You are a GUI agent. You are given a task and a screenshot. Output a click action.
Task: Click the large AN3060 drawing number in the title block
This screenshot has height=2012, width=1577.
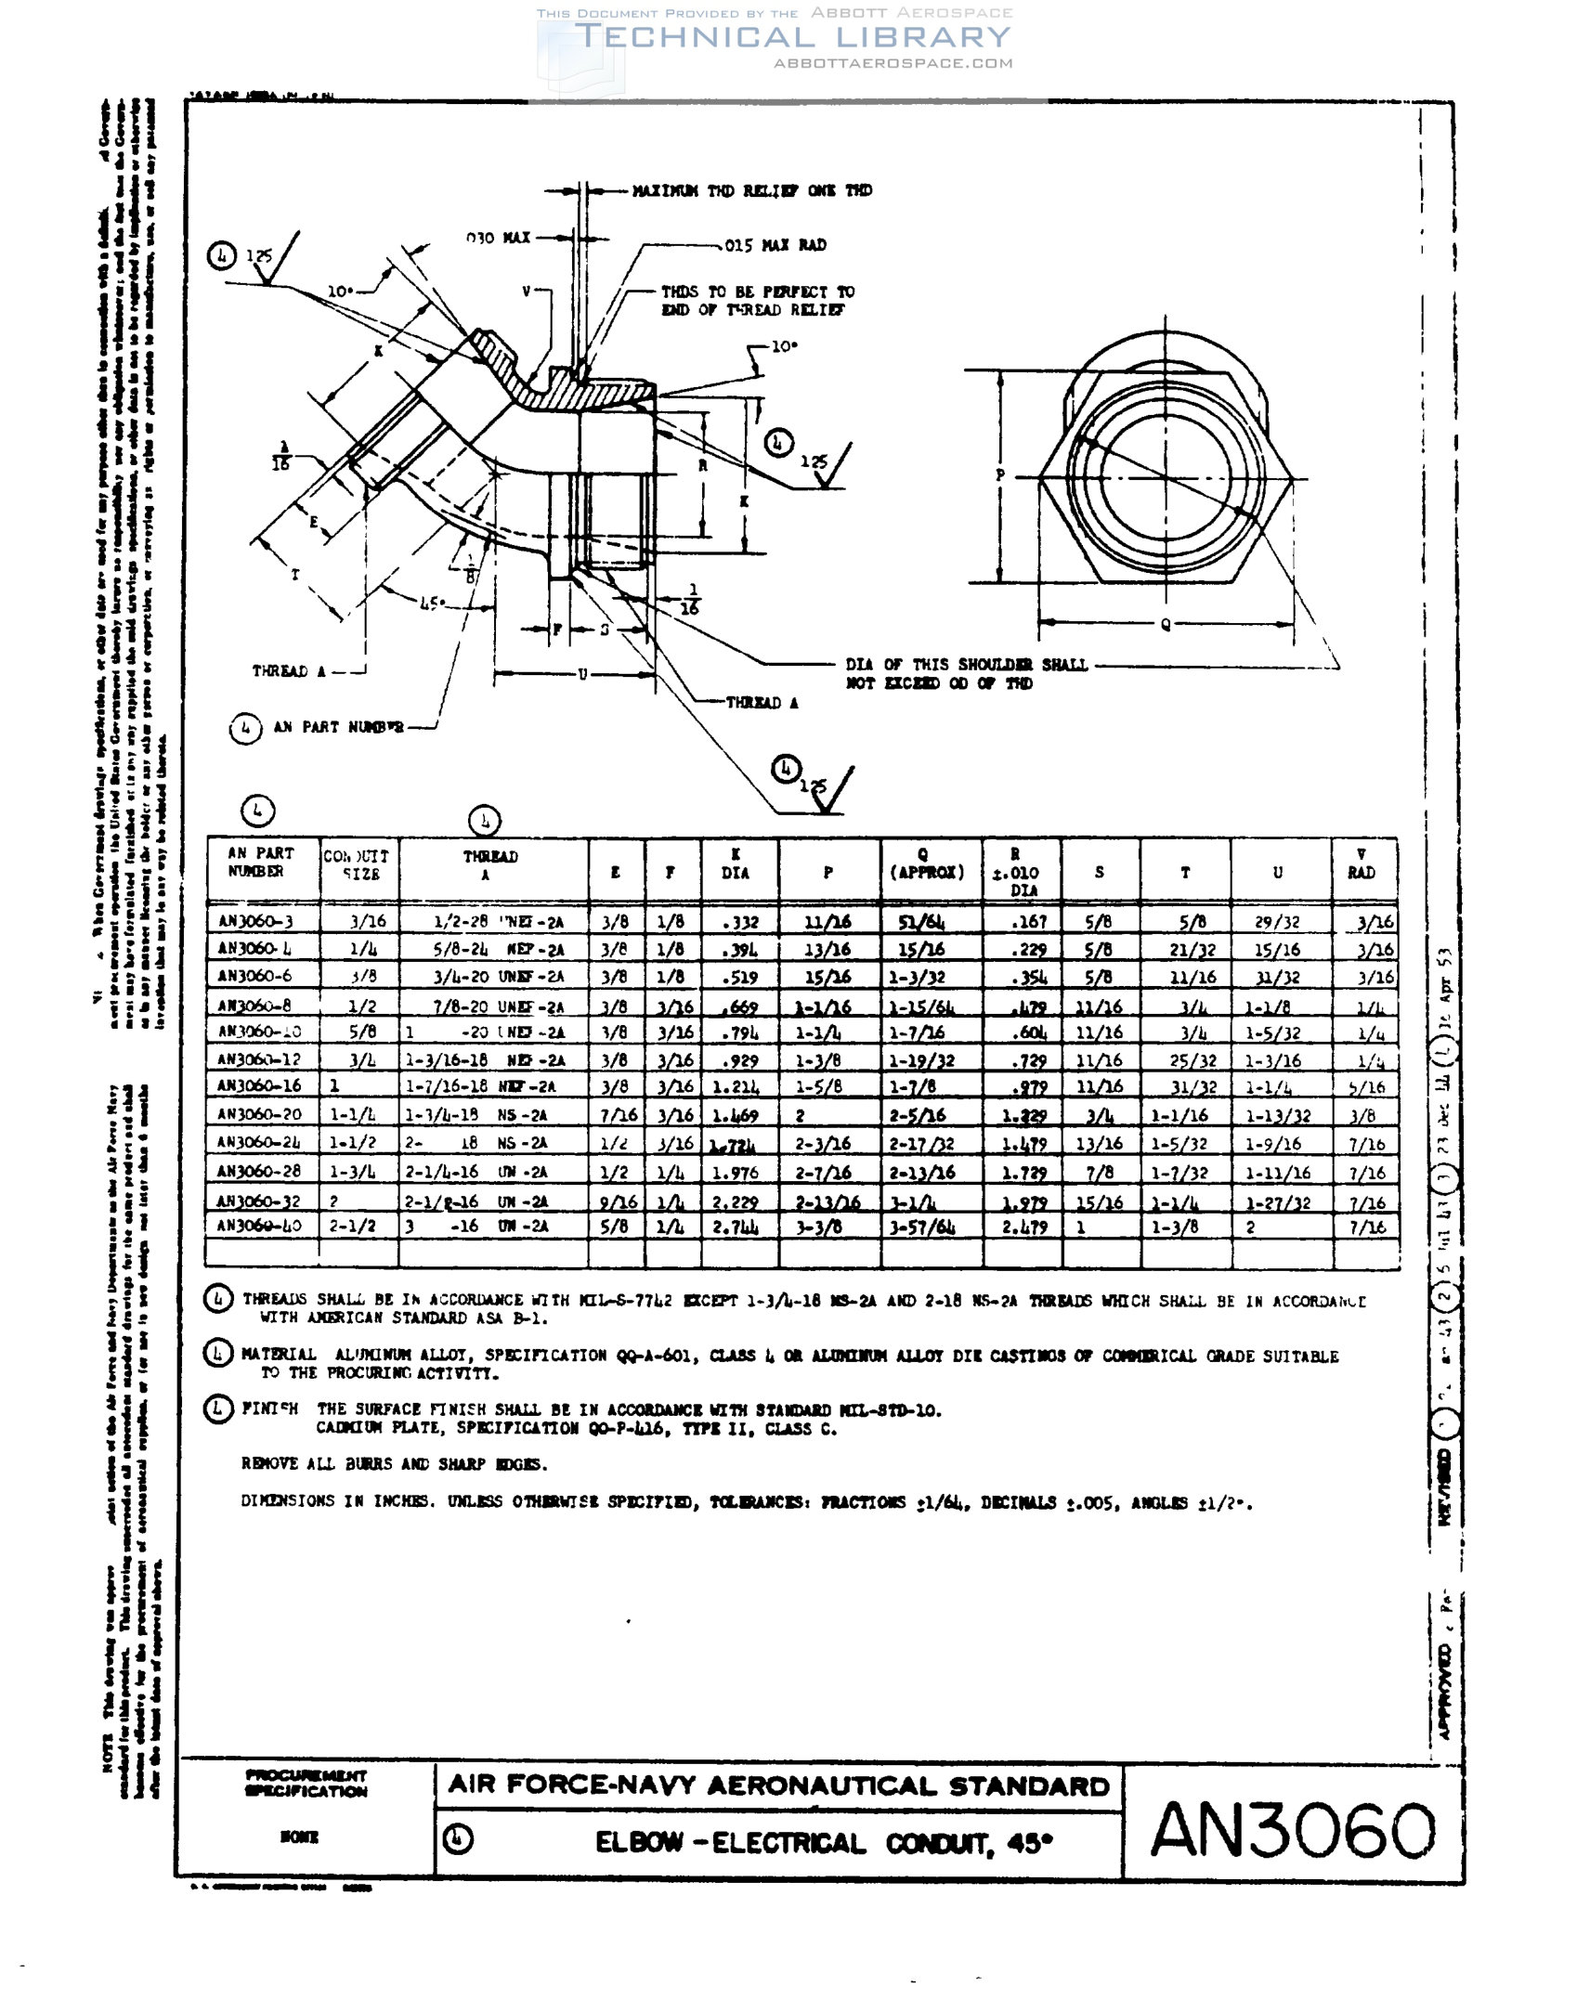pyautogui.click(x=1293, y=1829)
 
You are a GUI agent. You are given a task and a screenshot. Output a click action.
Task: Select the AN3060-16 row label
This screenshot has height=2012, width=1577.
pyautogui.click(x=259, y=1085)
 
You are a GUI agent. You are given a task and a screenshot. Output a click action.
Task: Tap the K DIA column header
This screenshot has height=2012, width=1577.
pyautogui.click(x=736, y=864)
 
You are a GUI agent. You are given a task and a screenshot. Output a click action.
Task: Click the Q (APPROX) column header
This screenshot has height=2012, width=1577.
pyautogui.click(x=927, y=864)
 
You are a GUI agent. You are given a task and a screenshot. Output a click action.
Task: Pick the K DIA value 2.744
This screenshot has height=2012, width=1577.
pyautogui.click(x=736, y=1227)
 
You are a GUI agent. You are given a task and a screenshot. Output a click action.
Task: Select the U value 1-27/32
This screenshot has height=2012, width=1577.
pyautogui.click(x=1278, y=1202)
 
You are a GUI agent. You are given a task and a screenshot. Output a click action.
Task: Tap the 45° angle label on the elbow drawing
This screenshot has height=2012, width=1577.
pyautogui.click(x=433, y=603)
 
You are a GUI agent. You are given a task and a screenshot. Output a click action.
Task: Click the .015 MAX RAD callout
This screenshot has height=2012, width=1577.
pyautogui.click(x=775, y=245)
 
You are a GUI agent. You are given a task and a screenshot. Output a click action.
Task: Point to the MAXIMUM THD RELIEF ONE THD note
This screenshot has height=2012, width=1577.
pyautogui.click(x=751, y=190)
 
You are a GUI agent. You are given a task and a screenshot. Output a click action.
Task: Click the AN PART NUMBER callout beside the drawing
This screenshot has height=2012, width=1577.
pyautogui.click(x=338, y=727)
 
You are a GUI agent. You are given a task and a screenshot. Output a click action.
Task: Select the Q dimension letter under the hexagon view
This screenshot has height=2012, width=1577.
pyautogui.click(x=1166, y=625)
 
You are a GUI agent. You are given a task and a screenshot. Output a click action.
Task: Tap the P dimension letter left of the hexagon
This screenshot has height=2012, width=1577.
pyautogui.click(x=1000, y=475)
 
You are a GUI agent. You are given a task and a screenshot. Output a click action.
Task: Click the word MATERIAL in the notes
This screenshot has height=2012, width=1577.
pyautogui.click(x=279, y=1355)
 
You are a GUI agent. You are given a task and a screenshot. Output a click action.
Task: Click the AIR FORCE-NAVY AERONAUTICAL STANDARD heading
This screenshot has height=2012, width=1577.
pyautogui.click(x=778, y=1785)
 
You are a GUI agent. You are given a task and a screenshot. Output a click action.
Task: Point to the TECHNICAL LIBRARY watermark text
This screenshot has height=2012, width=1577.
pyautogui.click(x=792, y=37)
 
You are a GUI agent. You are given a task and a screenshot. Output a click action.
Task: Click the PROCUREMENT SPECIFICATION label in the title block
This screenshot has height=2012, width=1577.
pyautogui.click(x=306, y=1783)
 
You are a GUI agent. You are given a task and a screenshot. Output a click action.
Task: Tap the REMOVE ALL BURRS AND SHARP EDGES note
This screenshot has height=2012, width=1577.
pyautogui.click(x=394, y=1464)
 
